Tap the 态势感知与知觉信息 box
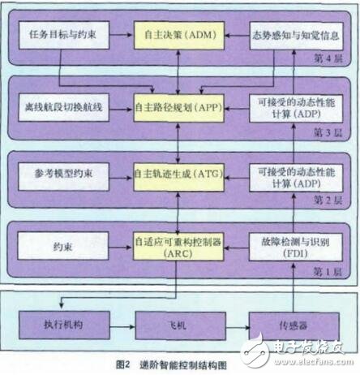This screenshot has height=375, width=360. click(290, 36)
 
